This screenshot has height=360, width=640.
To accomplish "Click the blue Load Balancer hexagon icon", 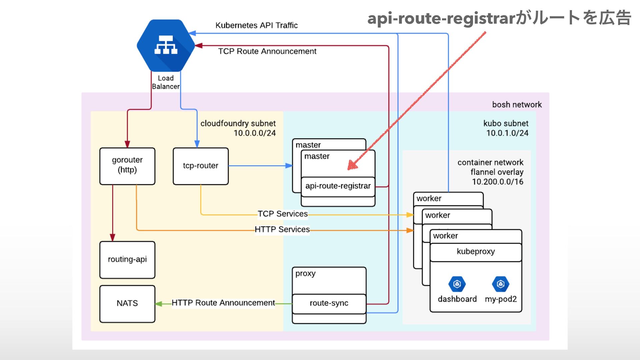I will pos(166,45).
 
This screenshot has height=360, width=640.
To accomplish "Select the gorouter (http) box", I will pos(127,166).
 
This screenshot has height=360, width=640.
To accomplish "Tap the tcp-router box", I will pos(201,166).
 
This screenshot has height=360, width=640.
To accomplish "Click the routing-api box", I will pos(127,260).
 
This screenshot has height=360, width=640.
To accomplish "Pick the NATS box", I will pos(127,303).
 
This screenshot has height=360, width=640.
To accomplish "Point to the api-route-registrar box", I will pos(338,186).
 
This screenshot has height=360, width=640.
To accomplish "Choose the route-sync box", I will pos(329,303).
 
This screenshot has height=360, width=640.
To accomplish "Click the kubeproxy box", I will pos(476,252).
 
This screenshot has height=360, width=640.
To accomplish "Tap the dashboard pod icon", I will pos(457,284).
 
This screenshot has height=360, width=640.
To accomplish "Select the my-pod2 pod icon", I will pos(500,284).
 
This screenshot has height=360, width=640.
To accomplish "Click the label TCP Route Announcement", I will pos(267,51).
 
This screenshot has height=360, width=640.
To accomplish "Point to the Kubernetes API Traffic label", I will pos(256,25).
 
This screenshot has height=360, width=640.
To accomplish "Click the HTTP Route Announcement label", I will pos(223,303).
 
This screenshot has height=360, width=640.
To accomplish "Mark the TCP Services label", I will pos(283,214).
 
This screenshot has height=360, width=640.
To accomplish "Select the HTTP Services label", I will pos(282,230).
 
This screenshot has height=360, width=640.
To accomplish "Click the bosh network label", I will pos(517,105).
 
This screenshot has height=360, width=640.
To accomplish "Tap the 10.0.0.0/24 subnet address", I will pos(255,133).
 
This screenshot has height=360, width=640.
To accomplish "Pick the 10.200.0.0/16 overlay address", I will pos(497,182).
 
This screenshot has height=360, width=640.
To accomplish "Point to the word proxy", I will pos(305,274).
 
